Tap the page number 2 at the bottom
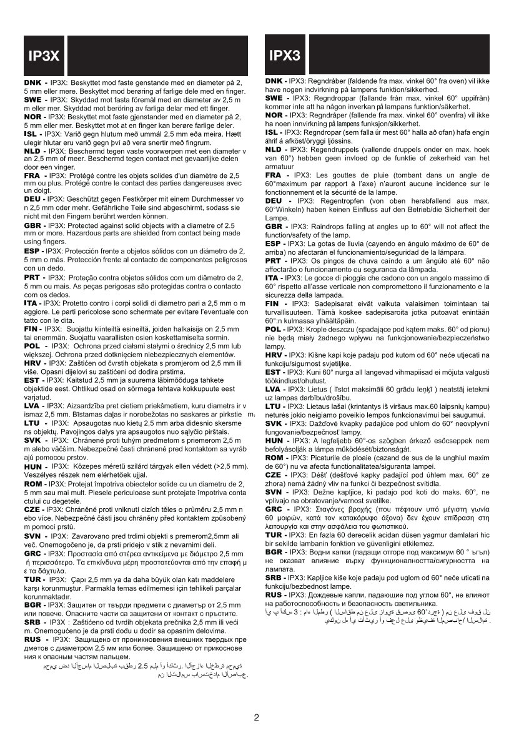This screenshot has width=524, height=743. [257, 717]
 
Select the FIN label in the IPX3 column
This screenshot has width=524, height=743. [275, 302]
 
